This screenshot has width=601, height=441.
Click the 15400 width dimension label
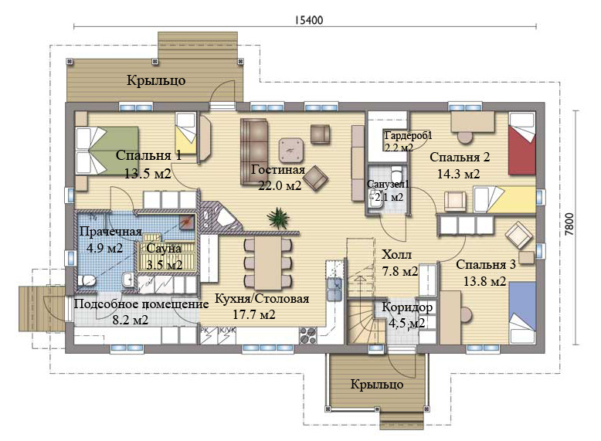coord(309,20)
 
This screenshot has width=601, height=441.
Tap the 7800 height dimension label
coord(569,224)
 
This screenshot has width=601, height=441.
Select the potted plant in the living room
coord(278,219)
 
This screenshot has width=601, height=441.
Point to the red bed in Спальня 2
coord(521,144)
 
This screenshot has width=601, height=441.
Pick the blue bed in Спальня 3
coord(522,313)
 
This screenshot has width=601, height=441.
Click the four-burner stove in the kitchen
coord(308,336)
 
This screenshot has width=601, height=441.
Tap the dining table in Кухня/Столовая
coord(268,263)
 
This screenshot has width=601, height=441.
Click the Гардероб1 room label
coord(408,136)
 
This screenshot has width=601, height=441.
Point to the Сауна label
coord(164,248)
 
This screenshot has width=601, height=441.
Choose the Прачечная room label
coord(110,232)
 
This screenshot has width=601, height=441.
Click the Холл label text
coord(397,254)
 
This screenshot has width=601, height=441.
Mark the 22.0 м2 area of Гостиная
coord(280,185)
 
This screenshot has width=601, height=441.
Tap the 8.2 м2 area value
coord(131,320)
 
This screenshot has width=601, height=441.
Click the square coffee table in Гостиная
coord(292,151)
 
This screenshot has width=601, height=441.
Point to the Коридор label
coord(407,307)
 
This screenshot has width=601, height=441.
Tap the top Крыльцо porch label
coord(156,80)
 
